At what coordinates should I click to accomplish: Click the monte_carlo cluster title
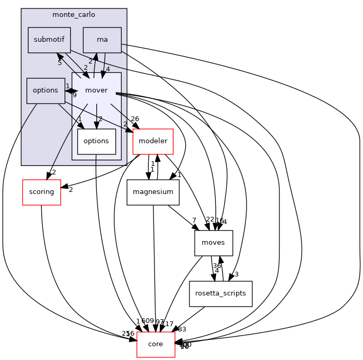pyautogui.click(x=74, y=14)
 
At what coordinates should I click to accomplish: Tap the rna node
pyautogui.click(x=102, y=40)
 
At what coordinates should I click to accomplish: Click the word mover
pyautogui.click(x=96, y=90)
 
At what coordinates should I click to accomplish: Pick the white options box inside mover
pyautogui.click(x=96, y=141)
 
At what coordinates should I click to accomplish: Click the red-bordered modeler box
pyautogui.click(x=153, y=141)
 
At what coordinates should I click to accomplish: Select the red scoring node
pyautogui.click(x=41, y=192)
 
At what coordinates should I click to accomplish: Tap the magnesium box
pyautogui.click(x=153, y=192)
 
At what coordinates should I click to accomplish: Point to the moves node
pyautogui.click(x=214, y=243)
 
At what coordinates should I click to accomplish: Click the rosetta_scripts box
pyautogui.click(x=221, y=293)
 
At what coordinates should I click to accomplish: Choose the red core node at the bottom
pyautogui.click(x=156, y=344)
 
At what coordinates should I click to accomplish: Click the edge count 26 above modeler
pyautogui.click(x=134, y=119)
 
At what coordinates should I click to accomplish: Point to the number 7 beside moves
pyautogui.click(x=195, y=219)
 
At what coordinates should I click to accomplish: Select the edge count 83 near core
pyautogui.click(x=182, y=329)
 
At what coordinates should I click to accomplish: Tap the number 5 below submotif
pyautogui.click(x=60, y=62)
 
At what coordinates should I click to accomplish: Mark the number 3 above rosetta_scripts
pyautogui.click(x=236, y=274)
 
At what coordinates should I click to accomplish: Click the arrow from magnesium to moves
pyautogui.click(x=183, y=217)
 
